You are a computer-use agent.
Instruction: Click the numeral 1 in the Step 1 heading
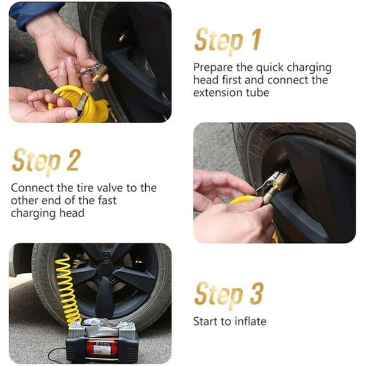coord(256,40)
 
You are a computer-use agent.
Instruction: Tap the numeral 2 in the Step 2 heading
coord(74,160)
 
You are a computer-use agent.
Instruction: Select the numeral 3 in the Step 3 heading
coord(257,293)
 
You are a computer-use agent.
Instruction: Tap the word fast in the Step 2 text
coord(107,201)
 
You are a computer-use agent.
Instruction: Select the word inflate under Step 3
coord(251,321)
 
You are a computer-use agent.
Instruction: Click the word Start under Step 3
coord(206,321)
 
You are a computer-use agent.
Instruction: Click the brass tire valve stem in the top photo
coord(123,37)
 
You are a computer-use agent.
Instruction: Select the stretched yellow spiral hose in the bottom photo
coord(68,289)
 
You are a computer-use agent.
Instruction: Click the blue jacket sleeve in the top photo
coord(30,14)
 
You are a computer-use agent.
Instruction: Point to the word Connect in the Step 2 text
coord(32,188)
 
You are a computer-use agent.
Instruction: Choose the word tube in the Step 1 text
coord(257,93)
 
